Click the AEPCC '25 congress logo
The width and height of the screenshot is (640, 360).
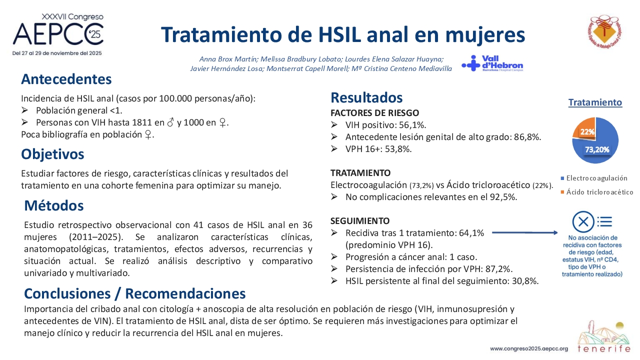[58, 34]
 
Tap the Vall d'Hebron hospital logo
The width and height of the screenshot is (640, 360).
[492, 63]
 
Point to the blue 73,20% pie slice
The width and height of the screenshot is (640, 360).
[600, 145]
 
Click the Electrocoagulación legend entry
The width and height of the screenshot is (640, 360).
[594, 178]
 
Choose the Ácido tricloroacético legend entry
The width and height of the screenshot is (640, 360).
[597, 192]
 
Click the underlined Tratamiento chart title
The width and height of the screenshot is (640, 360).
[595, 102]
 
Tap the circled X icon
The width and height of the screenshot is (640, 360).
[583, 222]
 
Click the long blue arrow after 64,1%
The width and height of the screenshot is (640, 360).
[525, 233]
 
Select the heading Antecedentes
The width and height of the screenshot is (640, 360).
[66, 79]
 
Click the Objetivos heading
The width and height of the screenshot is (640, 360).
[52, 154]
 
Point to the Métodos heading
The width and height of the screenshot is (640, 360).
[53, 205]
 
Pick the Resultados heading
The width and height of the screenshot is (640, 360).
[366, 97]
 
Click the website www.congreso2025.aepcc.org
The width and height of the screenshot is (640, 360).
[529, 348]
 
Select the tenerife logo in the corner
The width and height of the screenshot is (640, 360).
[604, 336]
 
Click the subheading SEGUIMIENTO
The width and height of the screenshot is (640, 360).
[360, 221]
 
